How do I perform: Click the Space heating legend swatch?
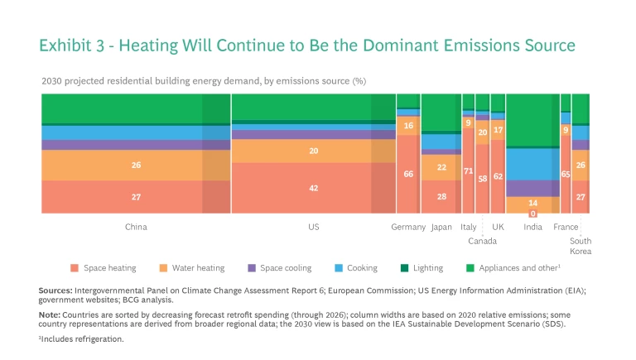coord(75,268)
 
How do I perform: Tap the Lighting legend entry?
coord(427,268)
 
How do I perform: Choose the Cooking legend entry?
coord(362,268)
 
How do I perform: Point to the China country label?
coord(136,227)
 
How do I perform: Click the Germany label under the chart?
coord(408,227)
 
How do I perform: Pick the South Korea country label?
coord(581,246)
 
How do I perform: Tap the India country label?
coord(533,227)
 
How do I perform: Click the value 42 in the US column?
coord(314,188)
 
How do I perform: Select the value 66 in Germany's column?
coord(408,174)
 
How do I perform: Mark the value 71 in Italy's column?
coord(469,171)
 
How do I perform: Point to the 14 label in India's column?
coord(533,203)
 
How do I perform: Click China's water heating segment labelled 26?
coord(136,165)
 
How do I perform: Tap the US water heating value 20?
coord(314,151)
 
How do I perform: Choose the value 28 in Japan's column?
coord(441,196)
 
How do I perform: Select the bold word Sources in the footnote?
coord(55,290)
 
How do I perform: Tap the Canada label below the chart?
coord(483,241)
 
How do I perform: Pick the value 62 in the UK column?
coord(498,176)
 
